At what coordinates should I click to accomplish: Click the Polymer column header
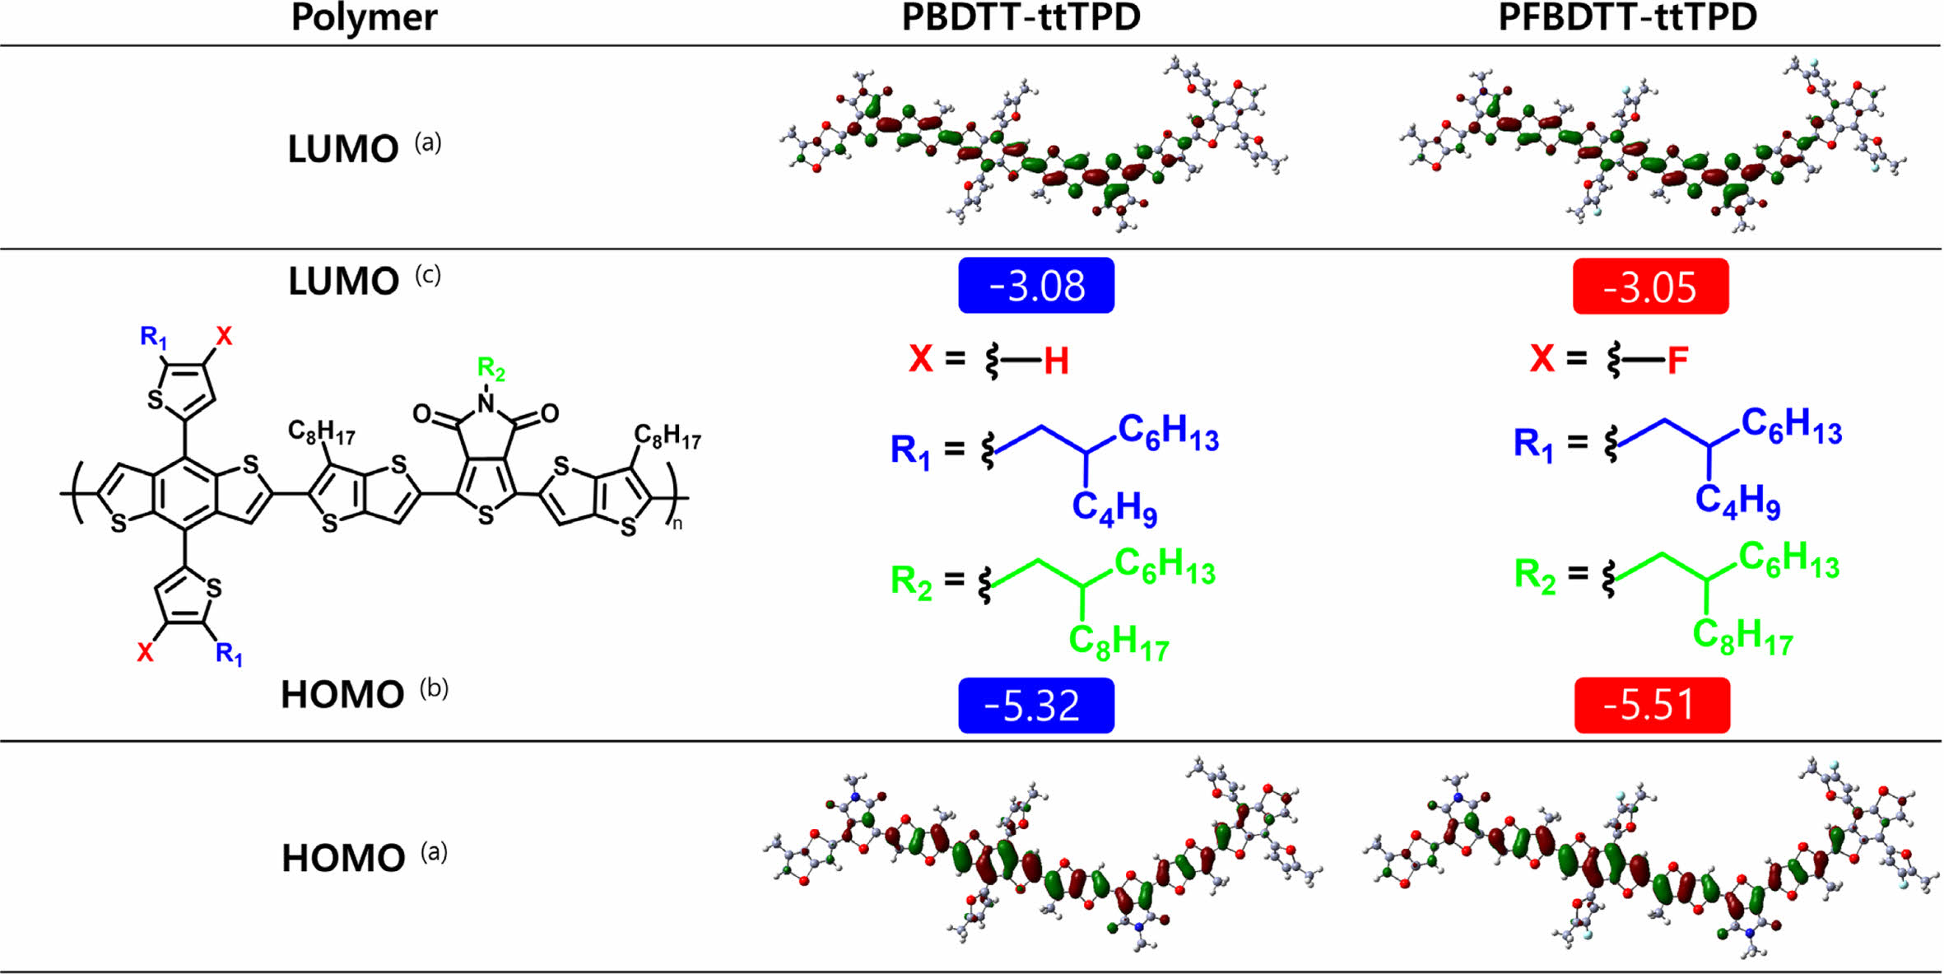(x=364, y=18)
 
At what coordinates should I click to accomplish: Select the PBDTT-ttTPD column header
(x=1021, y=18)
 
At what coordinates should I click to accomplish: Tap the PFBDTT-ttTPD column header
(x=1627, y=18)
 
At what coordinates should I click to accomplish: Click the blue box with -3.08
(x=1036, y=286)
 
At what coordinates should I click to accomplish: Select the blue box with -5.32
(x=1036, y=706)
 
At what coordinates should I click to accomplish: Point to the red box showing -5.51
(x=1652, y=705)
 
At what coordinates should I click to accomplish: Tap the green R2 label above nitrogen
(x=491, y=368)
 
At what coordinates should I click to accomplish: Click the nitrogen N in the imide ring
(x=486, y=403)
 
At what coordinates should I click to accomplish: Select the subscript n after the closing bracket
(x=677, y=524)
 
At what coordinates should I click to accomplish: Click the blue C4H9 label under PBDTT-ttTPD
(x=1114, y=507)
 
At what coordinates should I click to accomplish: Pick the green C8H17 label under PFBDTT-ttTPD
(x=1742, y=636)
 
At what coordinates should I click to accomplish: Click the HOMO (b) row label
(x=362, y=694)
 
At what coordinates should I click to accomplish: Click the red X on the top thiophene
(x=224, y=336)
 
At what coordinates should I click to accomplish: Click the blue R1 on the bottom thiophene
(x=229, y=655)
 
